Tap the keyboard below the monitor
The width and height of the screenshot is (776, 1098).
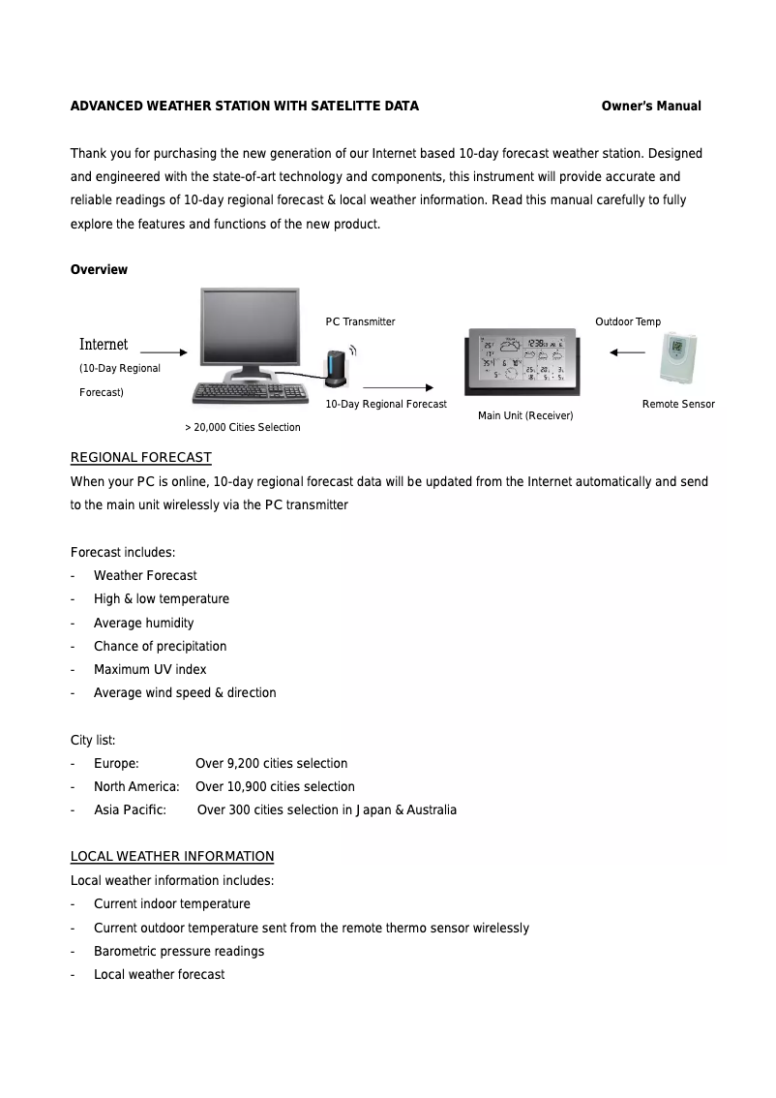[250, 392]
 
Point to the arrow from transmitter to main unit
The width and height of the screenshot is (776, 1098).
[397, 386]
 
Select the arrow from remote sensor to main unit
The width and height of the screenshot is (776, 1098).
[628, 352]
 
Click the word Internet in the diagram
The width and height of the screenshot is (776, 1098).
[104, 345]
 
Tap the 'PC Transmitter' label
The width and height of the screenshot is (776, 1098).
[360, 321]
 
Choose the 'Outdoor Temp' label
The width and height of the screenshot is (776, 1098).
[628, 321]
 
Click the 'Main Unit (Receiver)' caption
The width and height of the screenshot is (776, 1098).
[525, 415]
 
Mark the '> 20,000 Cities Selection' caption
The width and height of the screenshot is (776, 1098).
[242, 427]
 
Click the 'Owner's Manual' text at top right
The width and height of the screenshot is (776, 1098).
[651, 107]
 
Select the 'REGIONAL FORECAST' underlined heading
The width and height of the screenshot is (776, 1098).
[141, 457]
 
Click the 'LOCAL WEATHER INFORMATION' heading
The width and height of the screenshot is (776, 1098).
[172, 857]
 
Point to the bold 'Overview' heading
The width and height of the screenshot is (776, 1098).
[99, 270]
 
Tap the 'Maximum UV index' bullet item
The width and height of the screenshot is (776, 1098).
[150, 669]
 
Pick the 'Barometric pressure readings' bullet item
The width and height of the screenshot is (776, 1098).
[179, 951]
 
